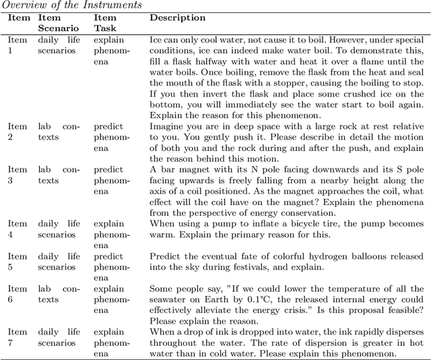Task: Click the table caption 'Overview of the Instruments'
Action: point(72,5)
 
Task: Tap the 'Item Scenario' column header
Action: point(58,23)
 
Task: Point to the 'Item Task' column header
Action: point(104,23)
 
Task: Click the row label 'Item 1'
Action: point(17,45)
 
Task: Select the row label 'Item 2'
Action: point(17,131)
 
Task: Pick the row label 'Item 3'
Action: point(17,175)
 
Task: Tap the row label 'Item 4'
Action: point(17,228)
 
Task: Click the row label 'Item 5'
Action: point(17,260)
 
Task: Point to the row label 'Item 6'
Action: point(17,293)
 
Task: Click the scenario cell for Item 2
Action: point(58,131)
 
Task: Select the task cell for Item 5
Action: point(108,266)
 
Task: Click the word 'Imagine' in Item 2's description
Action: point(166,126)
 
